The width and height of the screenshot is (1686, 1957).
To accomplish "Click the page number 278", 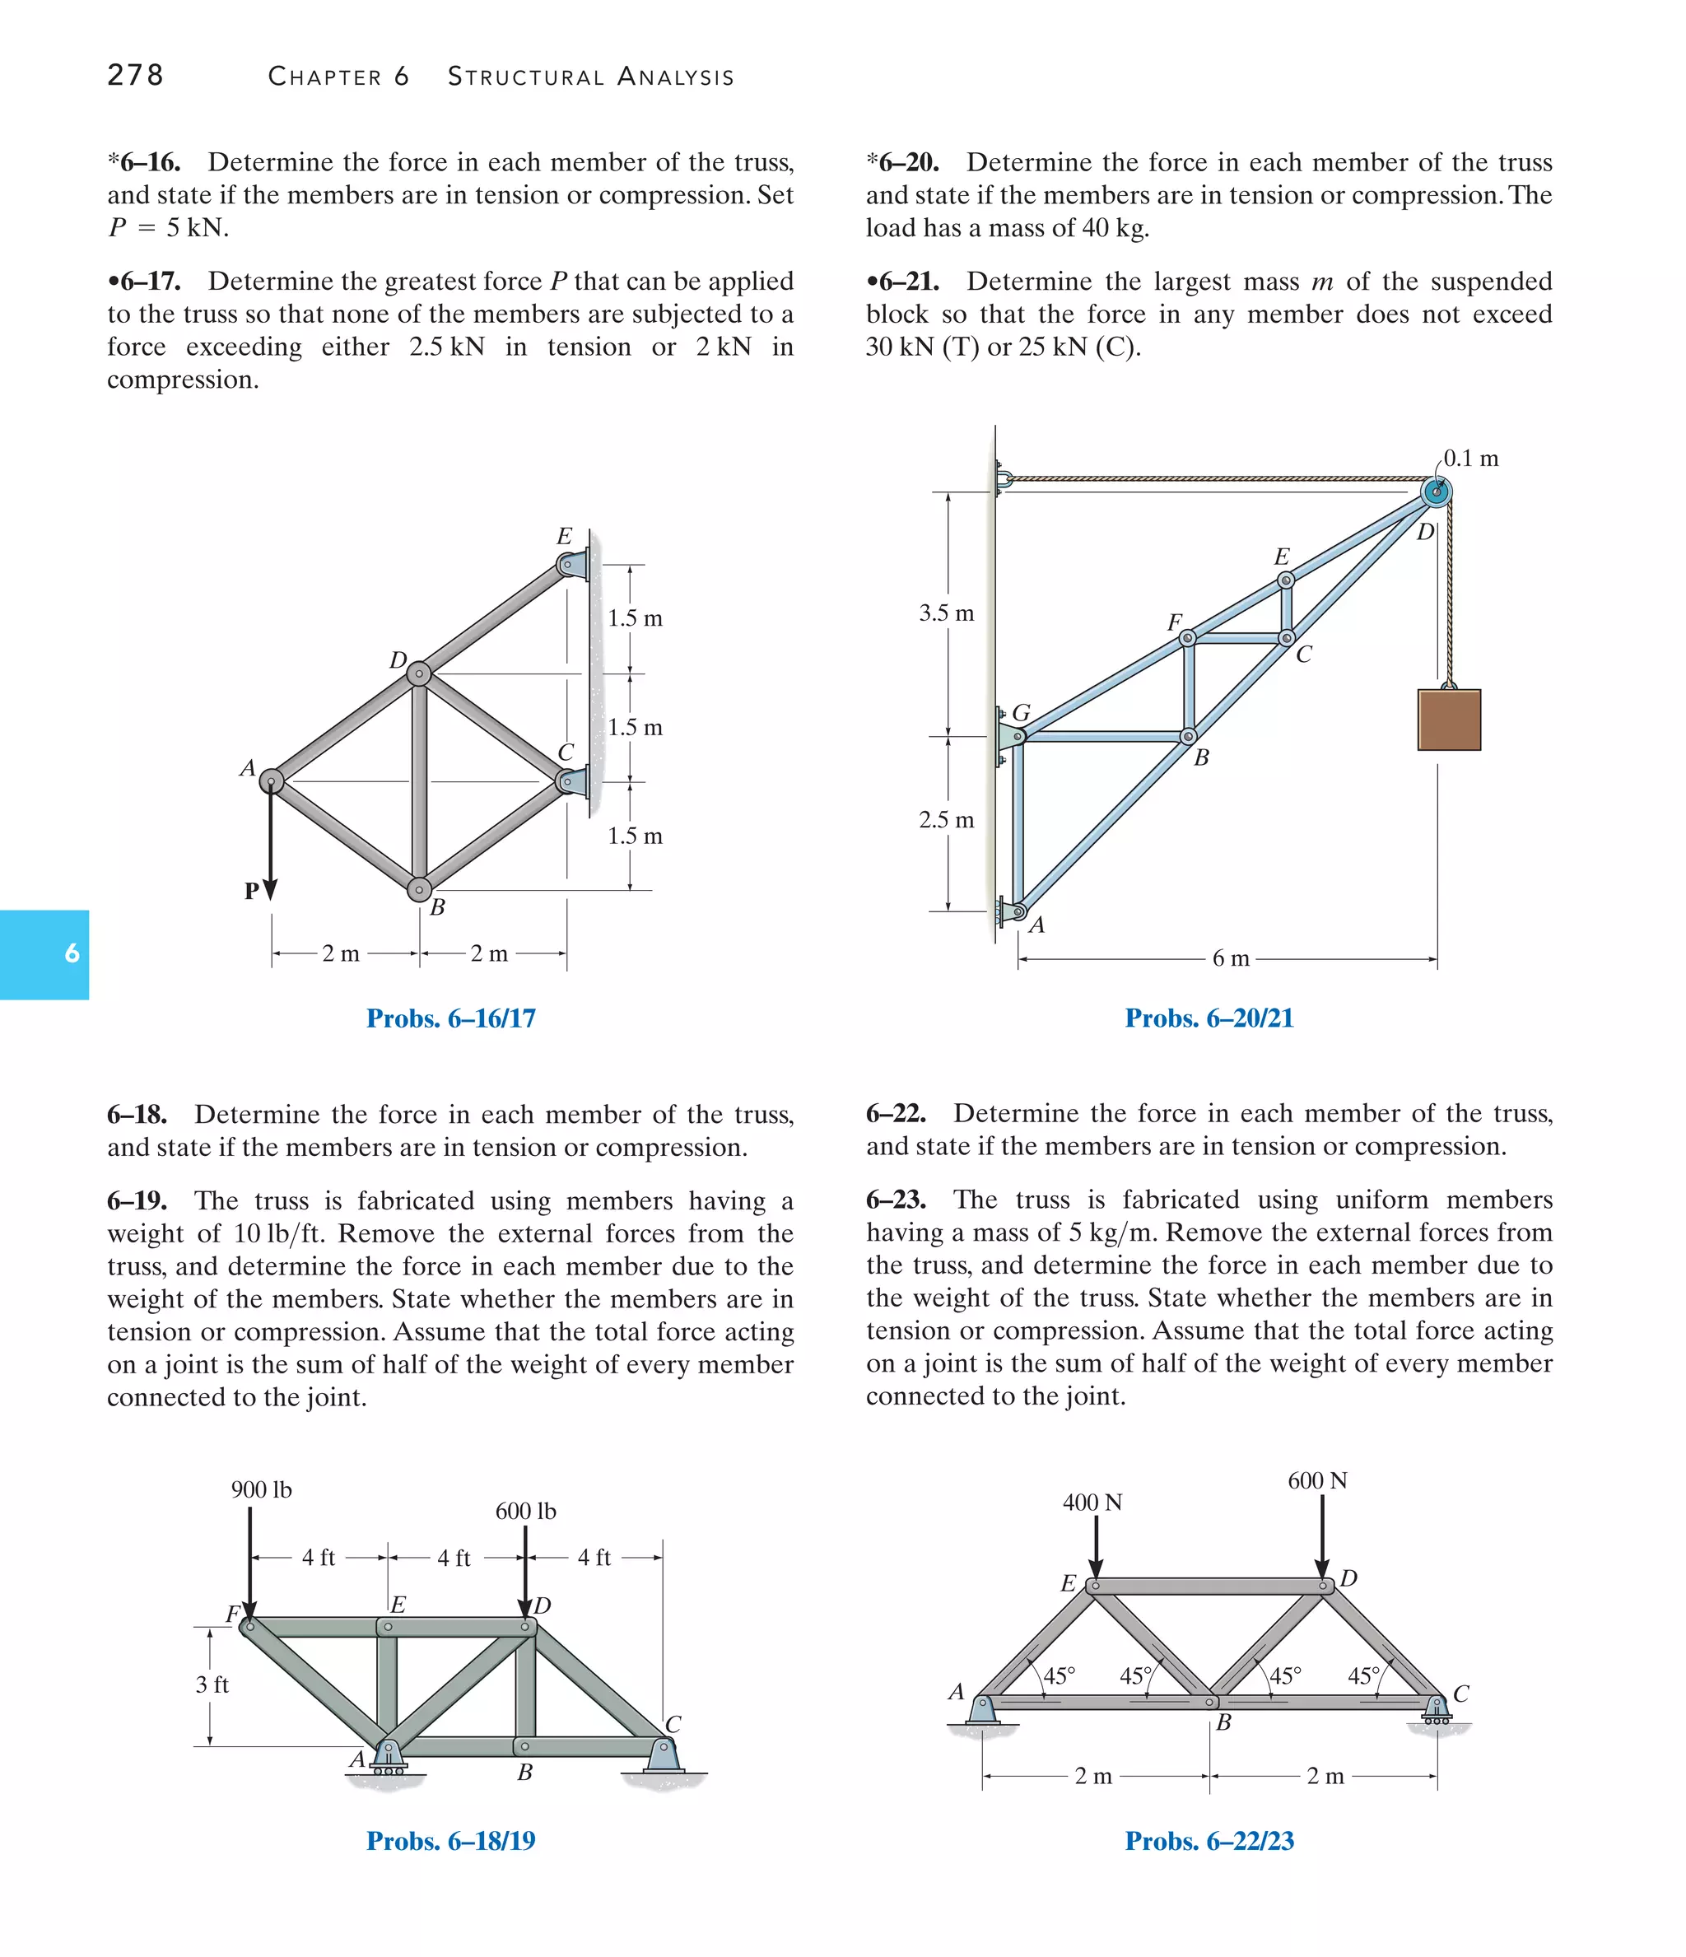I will tap(135, 75).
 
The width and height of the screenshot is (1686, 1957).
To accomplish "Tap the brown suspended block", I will tap(1448, 720).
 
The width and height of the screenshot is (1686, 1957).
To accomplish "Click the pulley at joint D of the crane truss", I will tap(1436, 492).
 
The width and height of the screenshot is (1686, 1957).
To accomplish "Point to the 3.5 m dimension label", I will tap(945, 613).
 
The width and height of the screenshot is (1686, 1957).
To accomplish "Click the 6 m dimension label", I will tap(1230, 958).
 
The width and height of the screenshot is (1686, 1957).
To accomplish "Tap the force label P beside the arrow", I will tap(251, 891).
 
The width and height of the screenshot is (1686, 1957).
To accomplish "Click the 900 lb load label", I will tap(262, 1489).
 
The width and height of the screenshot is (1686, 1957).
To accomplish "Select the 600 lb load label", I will tap(525, 1512).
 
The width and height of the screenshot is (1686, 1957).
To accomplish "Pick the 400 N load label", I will tap(1092, 1503).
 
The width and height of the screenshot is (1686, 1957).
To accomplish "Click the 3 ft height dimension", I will tap(212, 1684).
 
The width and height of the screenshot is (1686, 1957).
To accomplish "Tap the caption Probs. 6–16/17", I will tap(450, 1018).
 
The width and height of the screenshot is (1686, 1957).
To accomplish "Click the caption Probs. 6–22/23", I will tap(1209, 1841).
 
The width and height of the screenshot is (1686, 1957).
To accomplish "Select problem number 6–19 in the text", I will tap(137, 1201).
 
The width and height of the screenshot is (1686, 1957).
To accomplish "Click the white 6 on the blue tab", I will tap(72, 954).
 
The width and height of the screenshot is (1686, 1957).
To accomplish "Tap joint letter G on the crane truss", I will tap(1021, 712).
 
